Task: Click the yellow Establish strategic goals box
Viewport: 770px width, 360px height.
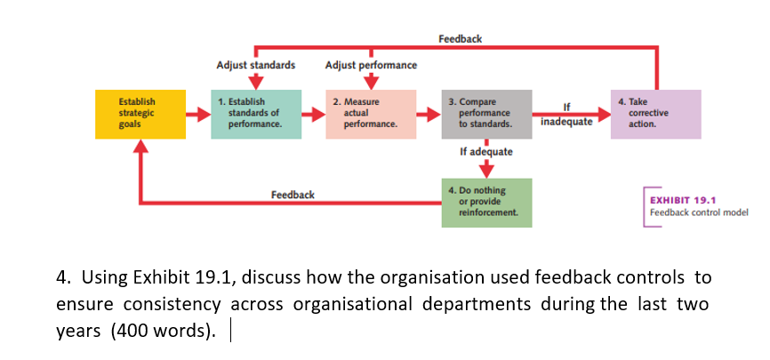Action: click(137, 114)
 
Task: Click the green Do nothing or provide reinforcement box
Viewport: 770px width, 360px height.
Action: click(486, 202)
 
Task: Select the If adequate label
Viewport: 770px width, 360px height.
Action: click(486, 152)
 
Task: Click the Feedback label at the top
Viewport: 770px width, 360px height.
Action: click(460, 38)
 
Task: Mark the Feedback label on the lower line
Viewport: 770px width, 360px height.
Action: click(293, 194)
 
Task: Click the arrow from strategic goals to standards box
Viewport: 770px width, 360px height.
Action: click(197, 114)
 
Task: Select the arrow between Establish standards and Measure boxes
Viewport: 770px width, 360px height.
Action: click(314, 114)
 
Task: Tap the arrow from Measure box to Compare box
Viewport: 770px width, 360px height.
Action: click(429, 114)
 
